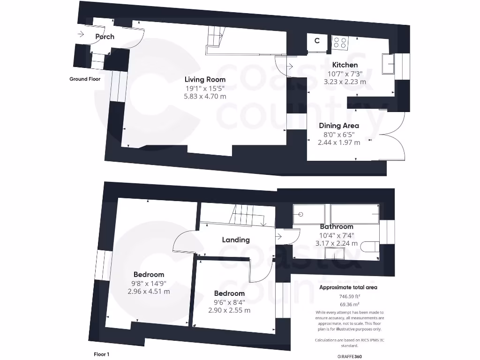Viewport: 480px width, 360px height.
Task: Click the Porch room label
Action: pos(105,37)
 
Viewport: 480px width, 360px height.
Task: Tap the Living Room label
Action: pos(205,79)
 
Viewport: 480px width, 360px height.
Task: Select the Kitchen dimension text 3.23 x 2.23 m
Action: pos(345,82)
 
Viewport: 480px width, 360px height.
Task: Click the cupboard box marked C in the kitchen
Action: pos(317,41)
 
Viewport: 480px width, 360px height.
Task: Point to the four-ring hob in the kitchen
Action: pos(340,43)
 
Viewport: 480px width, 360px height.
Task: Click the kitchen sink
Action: pos(388,64)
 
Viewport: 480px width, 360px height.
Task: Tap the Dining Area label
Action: pos(339,125)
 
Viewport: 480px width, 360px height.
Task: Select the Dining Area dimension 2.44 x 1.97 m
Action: pos(339,142)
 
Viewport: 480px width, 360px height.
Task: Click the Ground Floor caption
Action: pos(85,79)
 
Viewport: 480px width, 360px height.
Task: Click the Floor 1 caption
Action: pos(101,354)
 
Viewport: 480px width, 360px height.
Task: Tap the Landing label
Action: pos(236,240)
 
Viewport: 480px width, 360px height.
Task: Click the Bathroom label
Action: pos(337,226)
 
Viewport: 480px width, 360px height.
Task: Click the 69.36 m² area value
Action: pos(348,304)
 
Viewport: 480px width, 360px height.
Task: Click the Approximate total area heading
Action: pos(348,287)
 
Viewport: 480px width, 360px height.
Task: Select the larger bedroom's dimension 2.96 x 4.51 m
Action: pos(149,291)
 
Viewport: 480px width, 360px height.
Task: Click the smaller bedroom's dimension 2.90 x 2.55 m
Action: pos(229,310)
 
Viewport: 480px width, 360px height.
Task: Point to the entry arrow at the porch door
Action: pos(81,34)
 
